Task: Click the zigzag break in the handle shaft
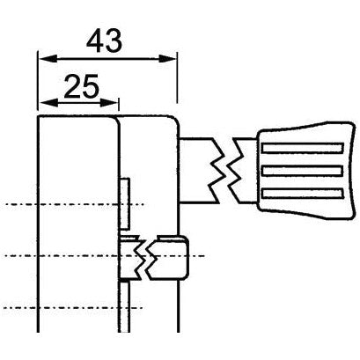226,166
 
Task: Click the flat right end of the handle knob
349,167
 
